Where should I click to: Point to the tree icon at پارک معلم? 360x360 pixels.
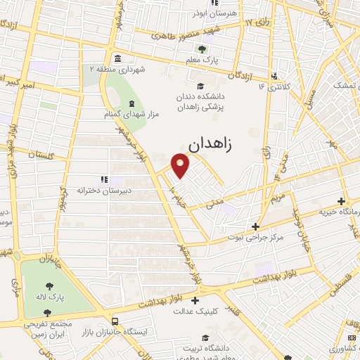202,49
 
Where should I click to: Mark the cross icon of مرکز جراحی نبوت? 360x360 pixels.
255,226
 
